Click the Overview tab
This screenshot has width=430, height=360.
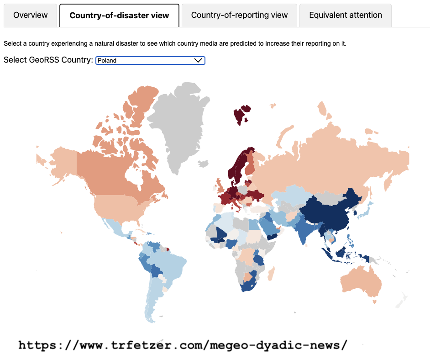pyautogui.click(x=30, y=15)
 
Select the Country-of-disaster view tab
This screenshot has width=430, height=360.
pyautogui.click(x=119, y=16)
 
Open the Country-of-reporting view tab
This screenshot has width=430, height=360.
pyautogui.click(x=239, y=15)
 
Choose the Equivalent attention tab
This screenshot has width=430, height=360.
pyautogui.click(x=345, y=15)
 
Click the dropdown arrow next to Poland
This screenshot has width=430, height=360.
pyautogui.click(x=198, y=60)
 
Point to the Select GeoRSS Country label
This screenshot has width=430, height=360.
pyautogui.click(x=48, y=60)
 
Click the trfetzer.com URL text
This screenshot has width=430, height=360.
pyautogui.click(x=183, y=345)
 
